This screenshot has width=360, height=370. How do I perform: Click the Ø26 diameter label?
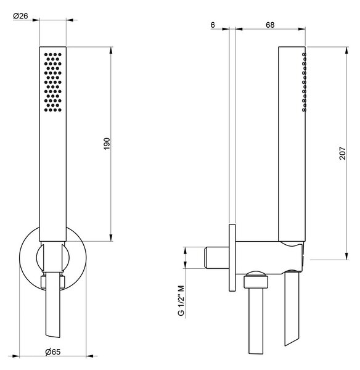20,16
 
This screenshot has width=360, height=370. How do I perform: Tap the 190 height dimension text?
107,144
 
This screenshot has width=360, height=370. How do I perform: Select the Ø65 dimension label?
53,352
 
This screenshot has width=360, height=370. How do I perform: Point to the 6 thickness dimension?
213,25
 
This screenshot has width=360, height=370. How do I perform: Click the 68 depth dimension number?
270,25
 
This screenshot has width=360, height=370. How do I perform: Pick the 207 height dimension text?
343,153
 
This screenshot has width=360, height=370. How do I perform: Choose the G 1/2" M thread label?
181,300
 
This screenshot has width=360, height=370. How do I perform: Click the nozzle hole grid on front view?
53,82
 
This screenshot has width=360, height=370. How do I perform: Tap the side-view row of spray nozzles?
305,82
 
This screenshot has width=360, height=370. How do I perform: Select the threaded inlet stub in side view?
217,258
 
